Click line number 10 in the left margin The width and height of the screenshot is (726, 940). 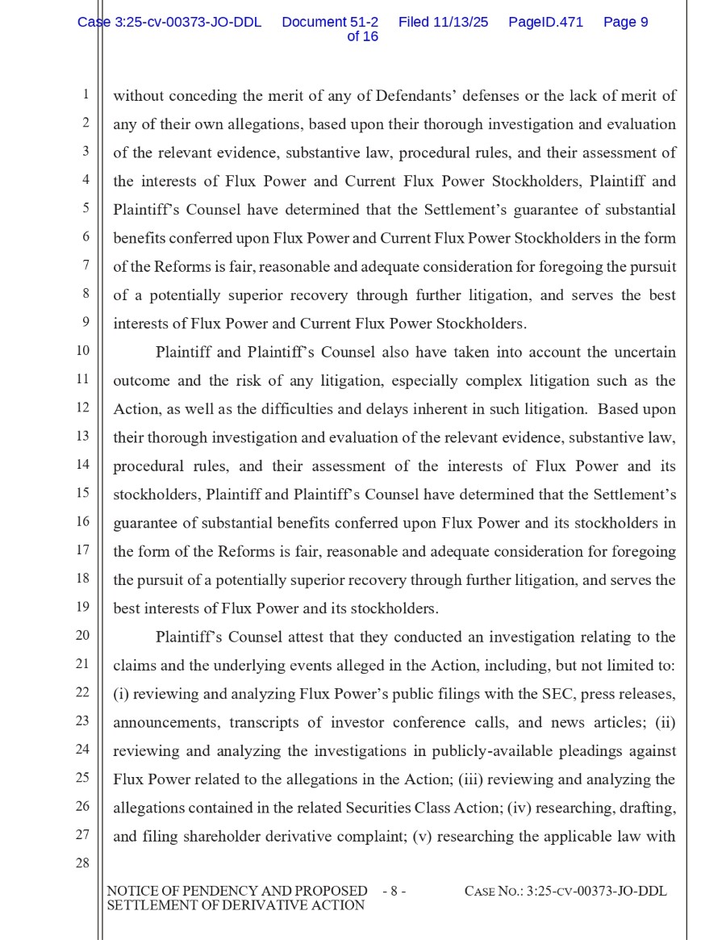(x=83, y=351)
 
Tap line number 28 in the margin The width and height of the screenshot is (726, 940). (x=82, y=863)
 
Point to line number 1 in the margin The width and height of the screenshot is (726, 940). (x=85, y=94)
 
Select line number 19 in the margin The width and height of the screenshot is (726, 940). (x=83, y=607)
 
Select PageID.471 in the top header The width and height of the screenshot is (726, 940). (x=545, y=23)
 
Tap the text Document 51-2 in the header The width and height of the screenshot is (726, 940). (x=330, y=23)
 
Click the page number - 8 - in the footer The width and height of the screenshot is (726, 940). (x=394, y=892)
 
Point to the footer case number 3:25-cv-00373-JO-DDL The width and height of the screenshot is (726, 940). (x=596, y=892)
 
